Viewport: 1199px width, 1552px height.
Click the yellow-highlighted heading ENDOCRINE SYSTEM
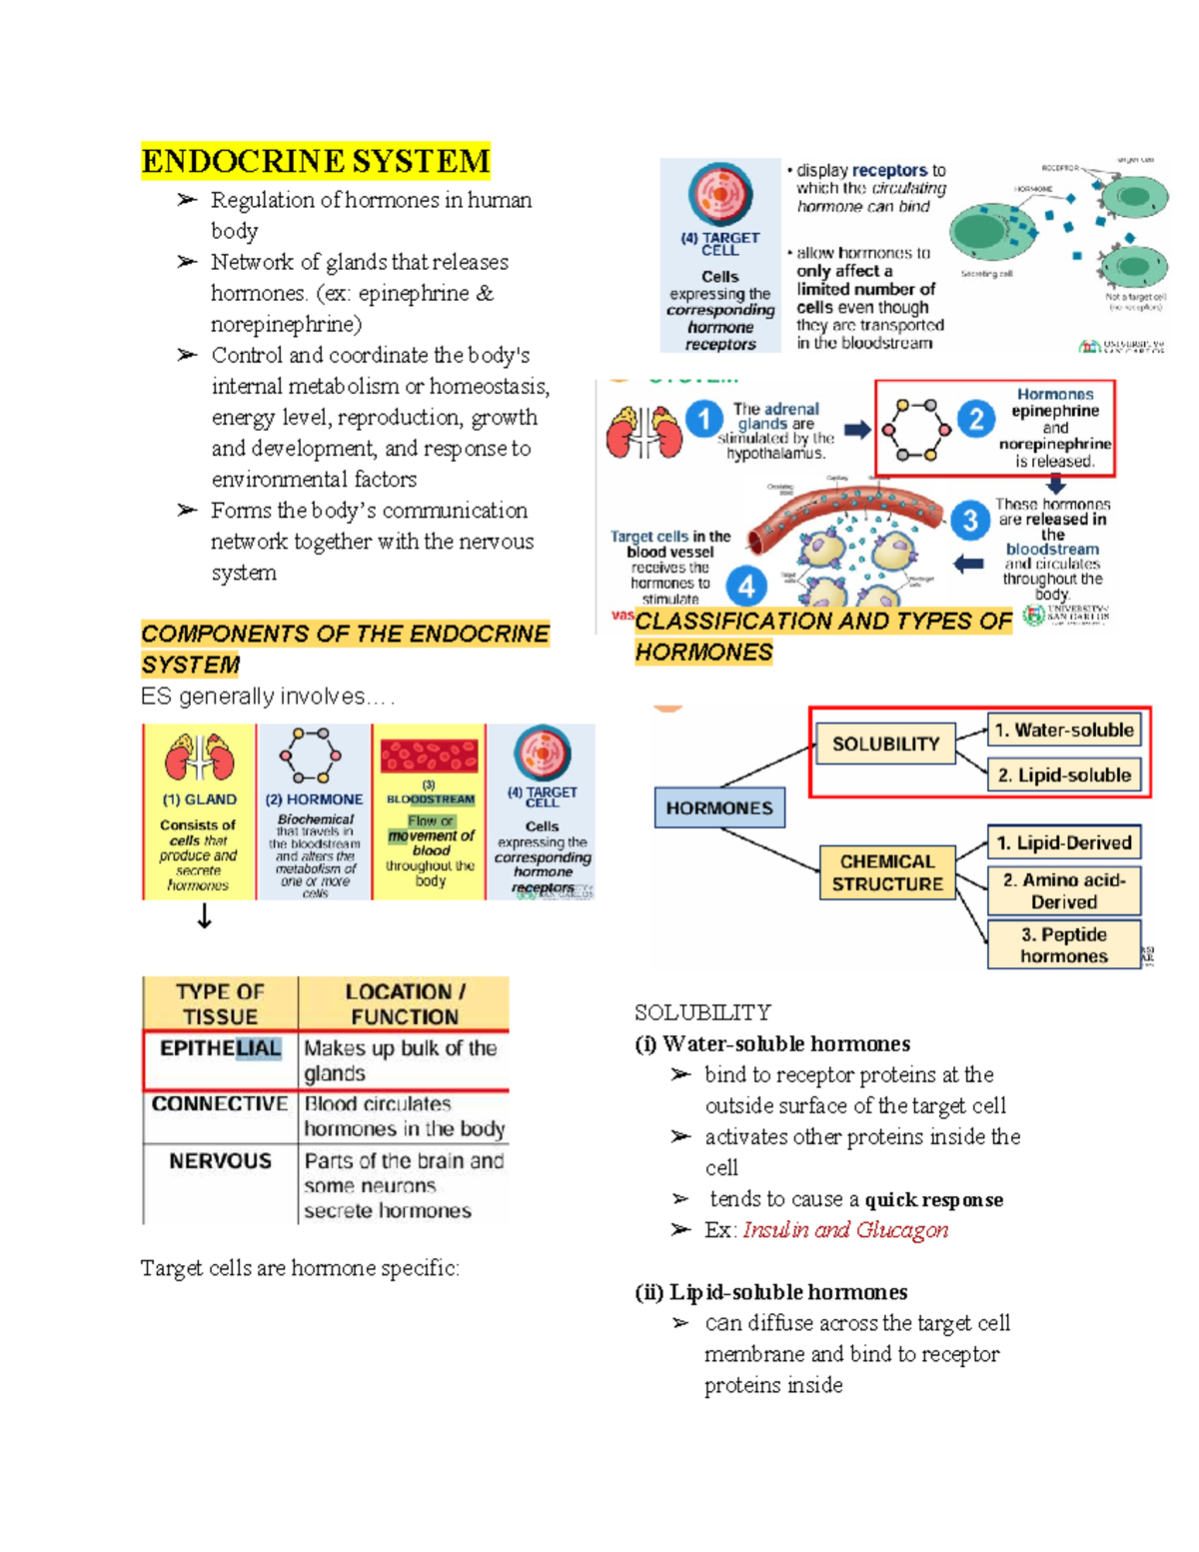pyautogui.click(x=316, y=161)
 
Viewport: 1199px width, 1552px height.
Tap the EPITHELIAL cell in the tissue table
pyautogui.click(x=221, y=1048)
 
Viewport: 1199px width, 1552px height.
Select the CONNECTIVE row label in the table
pyautogui.click(x=220, y=1104)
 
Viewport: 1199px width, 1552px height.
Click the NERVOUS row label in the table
pyautogui.click(x=220, y=1161)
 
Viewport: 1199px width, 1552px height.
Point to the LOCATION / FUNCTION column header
pyautogui.click(x=404, y=1003)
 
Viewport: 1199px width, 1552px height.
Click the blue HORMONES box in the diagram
pyautogui.click(x=719, y=807)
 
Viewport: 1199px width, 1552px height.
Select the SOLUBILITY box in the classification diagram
pyautogui.click(x=885, y=745)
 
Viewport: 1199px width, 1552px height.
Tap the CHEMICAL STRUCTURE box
pyautogui.click(x=887, y=872)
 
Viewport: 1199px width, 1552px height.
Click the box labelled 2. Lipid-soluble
pyautogui.click(x=1064, y=776)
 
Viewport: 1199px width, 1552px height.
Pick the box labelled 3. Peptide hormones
pyautogui.click(x=1064, y=945)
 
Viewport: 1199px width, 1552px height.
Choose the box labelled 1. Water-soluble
pyautogui.click(x=1064, y=731)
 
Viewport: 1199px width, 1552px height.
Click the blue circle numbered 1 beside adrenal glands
pyautogui.click(x=704, y=419)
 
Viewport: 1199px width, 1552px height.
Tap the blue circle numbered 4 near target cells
pyautogui.click(x=746, y=586)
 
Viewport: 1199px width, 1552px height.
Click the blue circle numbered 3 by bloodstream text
pyautogui.click(x=969, y=520)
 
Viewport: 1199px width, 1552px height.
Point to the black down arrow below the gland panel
pyautogui.click(x=204, y=916)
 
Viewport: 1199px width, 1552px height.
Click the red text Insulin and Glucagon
pyautogui.click(x=845, y=1230)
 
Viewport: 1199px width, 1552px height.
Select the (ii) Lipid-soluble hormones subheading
pyautogui.click(x=770, y=1292)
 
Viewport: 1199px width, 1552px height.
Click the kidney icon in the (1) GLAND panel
pyautogui.click(x=200, y=757)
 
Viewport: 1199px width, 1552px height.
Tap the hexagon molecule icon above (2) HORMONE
pyautogui.click(x=311, y=756)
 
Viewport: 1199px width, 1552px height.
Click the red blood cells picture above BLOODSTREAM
pyautogui.click(x=430, y=757)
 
